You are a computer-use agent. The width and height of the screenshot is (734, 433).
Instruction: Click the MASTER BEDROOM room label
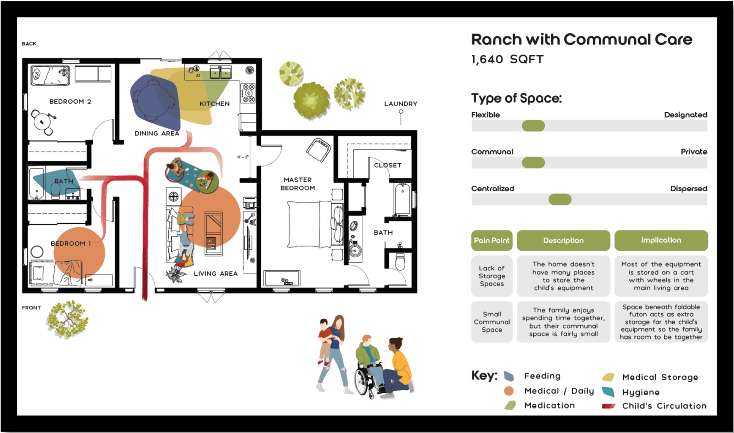point(298,184)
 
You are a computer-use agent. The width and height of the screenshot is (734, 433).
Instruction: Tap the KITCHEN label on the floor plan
point(215,104)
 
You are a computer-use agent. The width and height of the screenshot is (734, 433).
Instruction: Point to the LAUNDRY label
point(401,104)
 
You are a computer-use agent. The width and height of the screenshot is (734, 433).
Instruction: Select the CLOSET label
point(388,165)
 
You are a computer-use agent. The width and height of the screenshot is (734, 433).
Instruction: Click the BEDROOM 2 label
point(70,101)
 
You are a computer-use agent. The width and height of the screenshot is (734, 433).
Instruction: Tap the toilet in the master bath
point(400,262)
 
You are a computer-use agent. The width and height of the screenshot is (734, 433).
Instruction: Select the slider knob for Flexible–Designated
point(533,126)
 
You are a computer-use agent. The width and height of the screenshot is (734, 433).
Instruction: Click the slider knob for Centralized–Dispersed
point(560,199)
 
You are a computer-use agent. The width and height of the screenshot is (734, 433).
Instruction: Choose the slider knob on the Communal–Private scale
point(533,163)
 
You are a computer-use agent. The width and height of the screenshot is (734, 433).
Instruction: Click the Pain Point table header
point(492,240)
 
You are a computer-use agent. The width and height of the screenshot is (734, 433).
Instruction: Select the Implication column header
point(661,240)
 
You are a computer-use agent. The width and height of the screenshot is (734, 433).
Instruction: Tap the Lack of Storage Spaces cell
point(492,276)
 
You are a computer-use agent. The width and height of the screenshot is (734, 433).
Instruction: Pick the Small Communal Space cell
point(492,322)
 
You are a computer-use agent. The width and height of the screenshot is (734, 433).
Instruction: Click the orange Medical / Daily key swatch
point(509,391)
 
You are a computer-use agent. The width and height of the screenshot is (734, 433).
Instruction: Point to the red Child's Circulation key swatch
point(608,406)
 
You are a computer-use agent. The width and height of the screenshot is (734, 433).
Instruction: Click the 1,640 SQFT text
point(507,60)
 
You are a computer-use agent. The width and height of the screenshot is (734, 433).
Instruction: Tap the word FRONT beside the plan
point(32,308)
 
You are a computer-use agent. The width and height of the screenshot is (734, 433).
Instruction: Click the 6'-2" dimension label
point(243,157)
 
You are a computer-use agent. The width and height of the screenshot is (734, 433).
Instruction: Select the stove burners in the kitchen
point(248,93)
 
